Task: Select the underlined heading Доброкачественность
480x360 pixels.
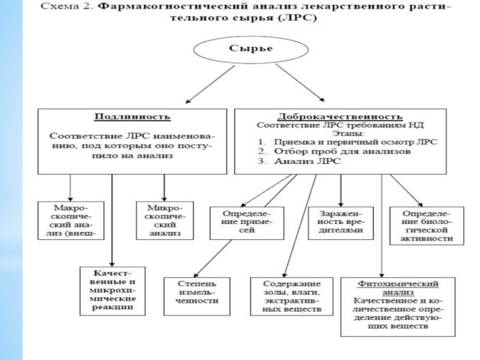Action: click(x=340, y=116)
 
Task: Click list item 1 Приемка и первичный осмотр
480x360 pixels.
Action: click(x=350, y=142)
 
